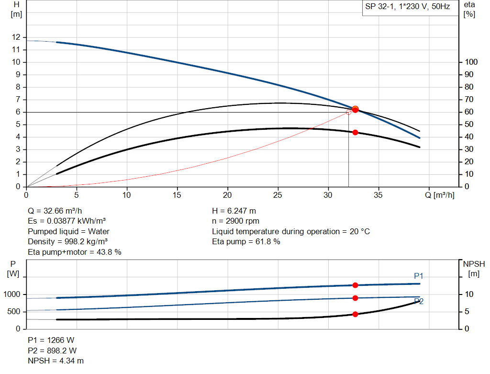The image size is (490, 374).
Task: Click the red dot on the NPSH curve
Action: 355,314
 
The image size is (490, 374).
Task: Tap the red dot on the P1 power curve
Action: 355,285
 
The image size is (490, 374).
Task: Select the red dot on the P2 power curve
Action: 355,298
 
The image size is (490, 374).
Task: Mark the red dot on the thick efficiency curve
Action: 355,132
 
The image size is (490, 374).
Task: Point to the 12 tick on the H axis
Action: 17,37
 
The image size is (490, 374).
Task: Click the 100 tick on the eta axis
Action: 471,62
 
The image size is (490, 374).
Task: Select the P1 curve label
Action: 418,276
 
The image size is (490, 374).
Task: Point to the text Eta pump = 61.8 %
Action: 246,242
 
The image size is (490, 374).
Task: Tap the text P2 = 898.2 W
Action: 51,351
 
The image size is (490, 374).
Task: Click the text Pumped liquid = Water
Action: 69,231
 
